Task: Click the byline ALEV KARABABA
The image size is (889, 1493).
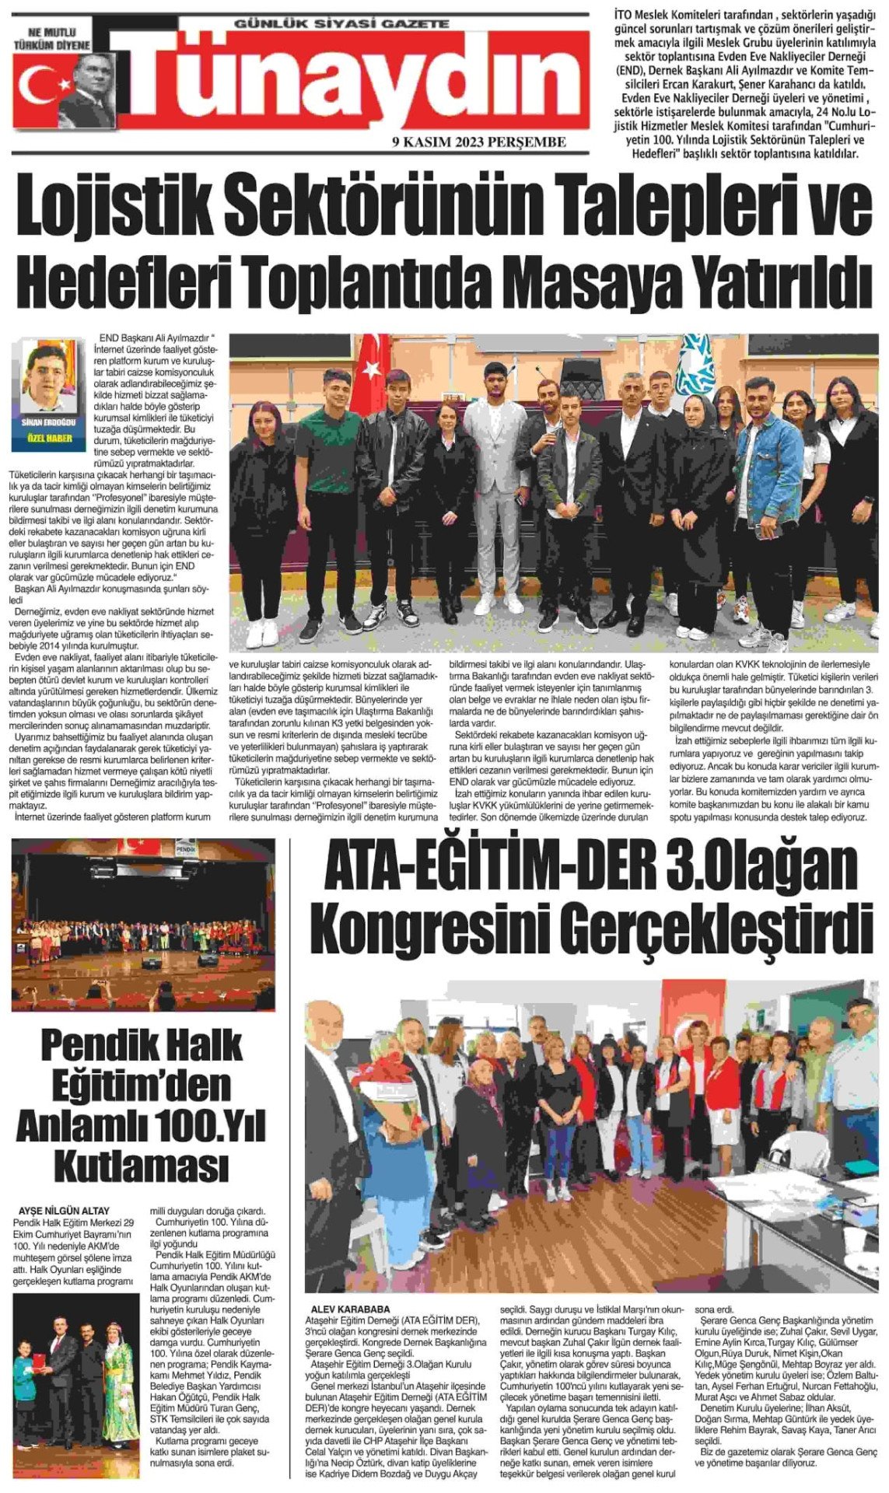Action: pyautogui.click(x=349, y=1309)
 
